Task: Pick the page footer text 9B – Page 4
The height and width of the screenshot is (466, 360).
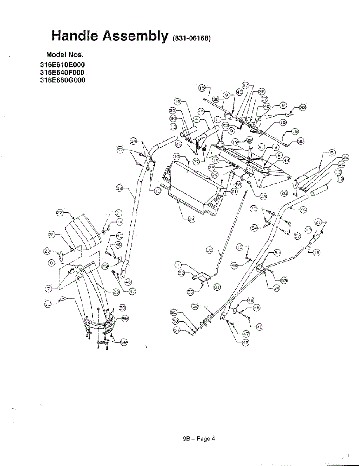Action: pyautogui.click(x=199, y=439)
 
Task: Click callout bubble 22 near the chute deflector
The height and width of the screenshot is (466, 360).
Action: pyautogui.click(x=60, y=212)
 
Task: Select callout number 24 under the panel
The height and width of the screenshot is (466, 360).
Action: pyautogui.click(x=191, y=219)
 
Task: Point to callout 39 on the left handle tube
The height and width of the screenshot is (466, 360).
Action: pyautogui.click(x=120, y=188)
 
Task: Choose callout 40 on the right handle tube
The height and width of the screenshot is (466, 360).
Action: pyautogui.click(x=303, y=210)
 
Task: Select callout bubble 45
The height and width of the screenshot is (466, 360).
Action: pyautogui.click(x=201, y=110)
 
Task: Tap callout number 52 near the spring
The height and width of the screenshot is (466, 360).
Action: pyautogui.click(x=196, y=306)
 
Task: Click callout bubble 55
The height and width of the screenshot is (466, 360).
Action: pyautogui.click(x=263, y=196)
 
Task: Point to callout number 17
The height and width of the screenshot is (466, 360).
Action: pyautogui.click(x=309, y=230)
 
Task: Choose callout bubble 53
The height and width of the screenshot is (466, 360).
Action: pyautogui.click(x=284, y=280)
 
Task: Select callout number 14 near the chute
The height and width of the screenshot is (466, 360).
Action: pyautogui.click(x=120, y=222)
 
